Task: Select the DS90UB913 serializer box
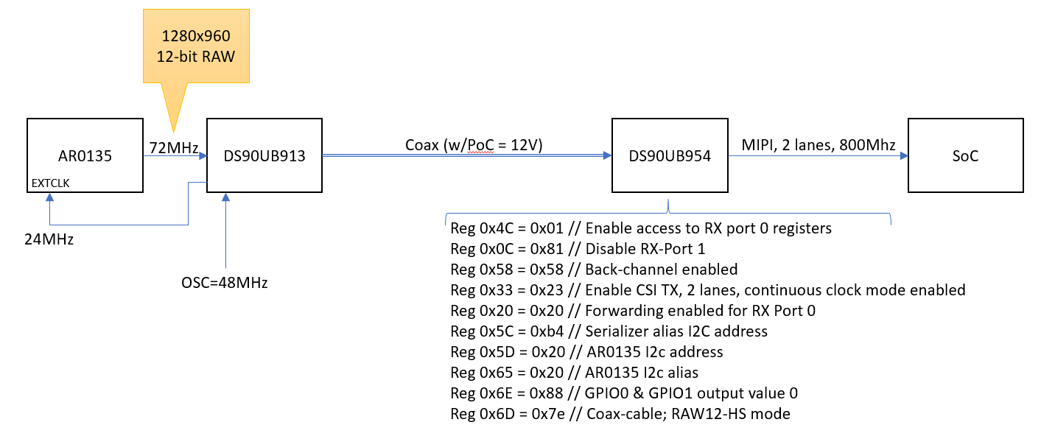[264, 155]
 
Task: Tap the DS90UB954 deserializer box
[668, 155]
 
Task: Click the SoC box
[965, 155]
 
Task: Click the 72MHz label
[173, 148]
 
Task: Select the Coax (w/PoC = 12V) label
[474, 145]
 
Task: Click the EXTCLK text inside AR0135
[50, 183]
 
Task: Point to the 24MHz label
[49, 239]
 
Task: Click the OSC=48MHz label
[225, 282]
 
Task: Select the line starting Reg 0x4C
[640, 228]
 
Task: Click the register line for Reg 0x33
[707, 290]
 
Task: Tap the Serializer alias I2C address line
[609, 331]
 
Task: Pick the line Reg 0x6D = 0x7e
[620, 414]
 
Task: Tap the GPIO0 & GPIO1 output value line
[624, 393]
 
